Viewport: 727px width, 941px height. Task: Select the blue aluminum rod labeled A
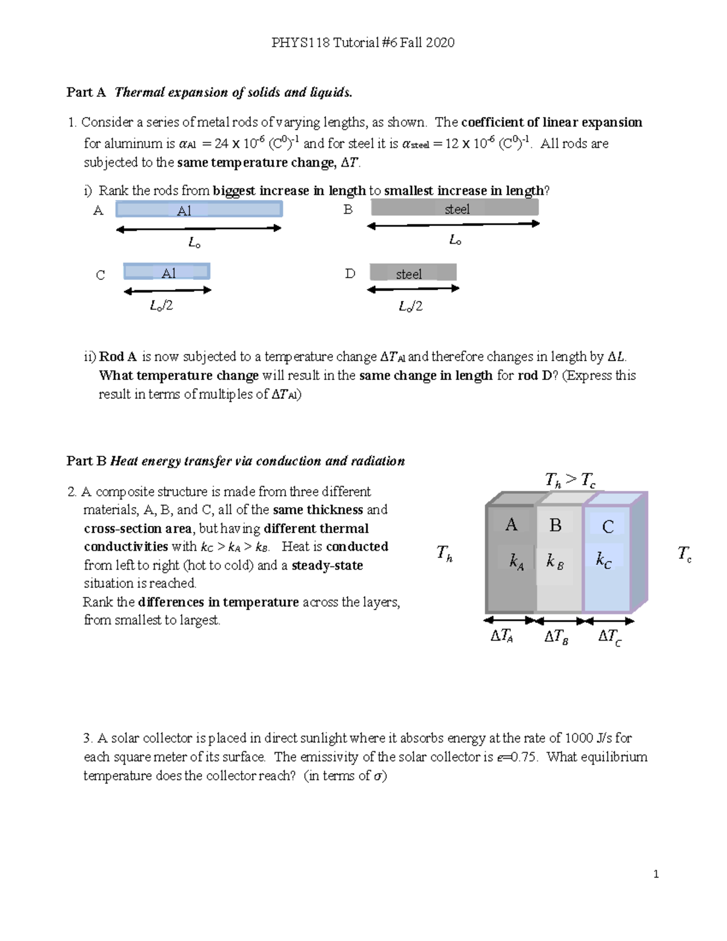(199, 210)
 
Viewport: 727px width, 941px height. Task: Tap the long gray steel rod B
(454, 208)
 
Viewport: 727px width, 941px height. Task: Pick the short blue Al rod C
(167, 272)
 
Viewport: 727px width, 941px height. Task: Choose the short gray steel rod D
(413, 273)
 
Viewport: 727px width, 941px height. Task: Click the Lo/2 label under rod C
(162, 306)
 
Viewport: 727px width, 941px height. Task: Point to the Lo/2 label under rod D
(410, 307)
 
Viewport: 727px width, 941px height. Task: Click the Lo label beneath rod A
(194, 243)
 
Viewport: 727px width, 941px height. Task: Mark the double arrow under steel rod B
(453, 225)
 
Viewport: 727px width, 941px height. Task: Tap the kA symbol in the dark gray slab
(516, 562)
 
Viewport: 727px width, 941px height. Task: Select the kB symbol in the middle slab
(555, 562)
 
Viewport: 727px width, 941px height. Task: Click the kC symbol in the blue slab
(603, 560)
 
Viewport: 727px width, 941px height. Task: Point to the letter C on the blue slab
(608, 527)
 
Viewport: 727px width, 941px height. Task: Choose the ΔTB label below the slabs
(556, 637)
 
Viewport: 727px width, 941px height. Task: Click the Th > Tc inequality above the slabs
(570, 480)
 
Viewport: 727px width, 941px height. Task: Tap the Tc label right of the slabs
(684, 554)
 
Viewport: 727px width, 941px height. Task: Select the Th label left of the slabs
(445, 553)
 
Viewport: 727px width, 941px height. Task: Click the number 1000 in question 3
(579, 738)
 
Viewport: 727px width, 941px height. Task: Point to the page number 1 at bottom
(656, 874)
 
